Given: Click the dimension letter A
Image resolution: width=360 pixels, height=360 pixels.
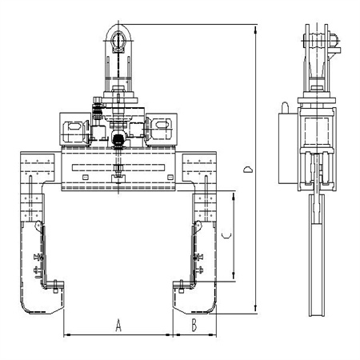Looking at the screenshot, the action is click(x=118, y=326).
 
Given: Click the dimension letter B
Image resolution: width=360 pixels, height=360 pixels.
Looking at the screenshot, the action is click(x=194, y=326).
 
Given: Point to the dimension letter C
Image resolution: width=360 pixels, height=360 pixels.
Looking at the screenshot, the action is click(x=226, y=235).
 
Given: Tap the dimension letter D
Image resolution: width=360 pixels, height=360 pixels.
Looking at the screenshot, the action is click(x=248, y=170).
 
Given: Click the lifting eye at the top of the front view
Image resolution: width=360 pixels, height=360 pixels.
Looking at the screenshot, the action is click(x=118, y=41).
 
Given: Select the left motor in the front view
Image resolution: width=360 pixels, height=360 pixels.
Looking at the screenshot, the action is click(x=75, y=131).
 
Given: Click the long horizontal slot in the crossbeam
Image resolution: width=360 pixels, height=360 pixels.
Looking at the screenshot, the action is click(x=118, y=168).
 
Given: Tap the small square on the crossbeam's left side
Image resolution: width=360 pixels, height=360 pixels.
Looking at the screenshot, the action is click(x=86, y=177).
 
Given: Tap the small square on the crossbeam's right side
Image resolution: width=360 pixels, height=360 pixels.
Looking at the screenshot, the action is click(x=170, y=177).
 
